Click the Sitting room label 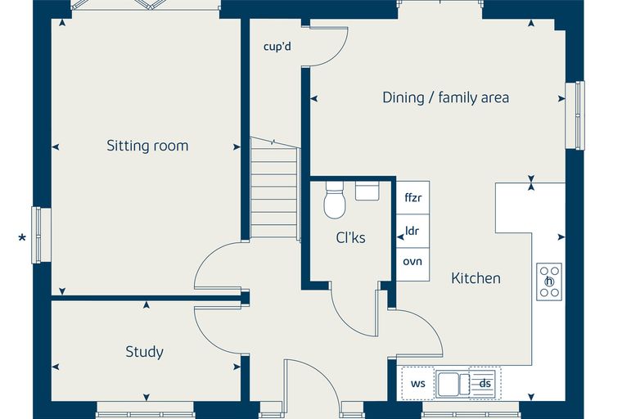[147, 146]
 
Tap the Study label [144, 352]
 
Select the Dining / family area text [445, 97]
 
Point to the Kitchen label [476, 278]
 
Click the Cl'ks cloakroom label [350, 237]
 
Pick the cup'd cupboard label [277, 47]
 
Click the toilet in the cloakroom [335, 200]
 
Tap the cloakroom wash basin [367, 191]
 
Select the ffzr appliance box [413, 197]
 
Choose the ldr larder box [413, 232]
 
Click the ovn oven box [413, 264]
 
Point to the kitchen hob [549, 282]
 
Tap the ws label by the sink [417, 383]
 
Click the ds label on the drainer [485, 383]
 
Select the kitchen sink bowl [448, 384]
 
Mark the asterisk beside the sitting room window [22, 238]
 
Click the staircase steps [274, 188]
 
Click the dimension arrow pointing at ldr [400, 237]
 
